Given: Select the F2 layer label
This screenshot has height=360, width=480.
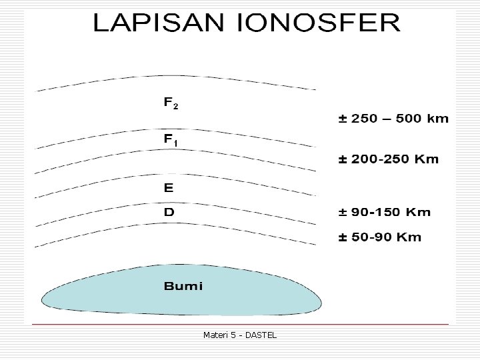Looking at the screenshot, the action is click(x=171, y=104).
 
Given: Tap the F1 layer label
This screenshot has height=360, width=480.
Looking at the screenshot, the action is click(x=171, y=141).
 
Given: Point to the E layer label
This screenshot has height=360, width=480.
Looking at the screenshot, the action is click(x=169, y=188).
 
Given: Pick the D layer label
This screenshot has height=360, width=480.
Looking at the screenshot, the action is click(x=169, y=212).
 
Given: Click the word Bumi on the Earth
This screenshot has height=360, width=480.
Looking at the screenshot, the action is click(x=183, y=287).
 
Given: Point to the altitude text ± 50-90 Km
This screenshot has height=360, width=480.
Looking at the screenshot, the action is click(x=380, y=237).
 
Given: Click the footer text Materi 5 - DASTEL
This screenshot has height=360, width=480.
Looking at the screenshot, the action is click(x=239, y=335).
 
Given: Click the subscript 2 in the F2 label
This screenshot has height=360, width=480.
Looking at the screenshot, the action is click(x=175, y=107).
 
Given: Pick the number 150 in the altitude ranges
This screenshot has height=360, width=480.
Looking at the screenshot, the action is click(x=389, y=213).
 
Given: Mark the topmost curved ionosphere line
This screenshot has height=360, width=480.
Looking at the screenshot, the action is click(x=175, y=81).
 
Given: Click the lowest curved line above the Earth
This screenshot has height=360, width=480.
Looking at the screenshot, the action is click(x=175, y=223).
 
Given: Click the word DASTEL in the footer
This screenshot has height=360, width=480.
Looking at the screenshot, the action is click(x=261, y=335).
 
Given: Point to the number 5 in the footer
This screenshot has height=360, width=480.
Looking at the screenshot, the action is click(x=231, y=335).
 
